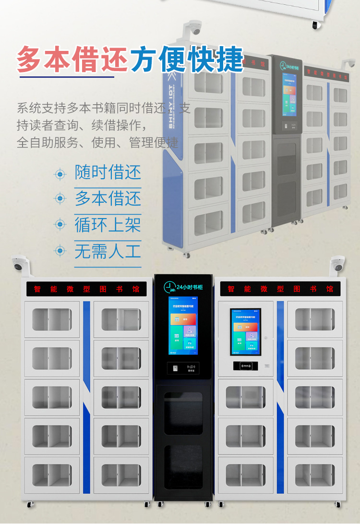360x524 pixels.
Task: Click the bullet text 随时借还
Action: coord(108,172)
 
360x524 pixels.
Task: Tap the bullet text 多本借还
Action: coord(108,198)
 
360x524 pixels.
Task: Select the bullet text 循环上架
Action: coord(108,224)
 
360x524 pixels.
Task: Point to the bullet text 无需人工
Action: coord(108,251)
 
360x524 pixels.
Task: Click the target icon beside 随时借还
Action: coord(60,173)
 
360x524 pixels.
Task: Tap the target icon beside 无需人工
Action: coord(60,250)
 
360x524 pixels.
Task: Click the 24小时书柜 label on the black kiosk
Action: coord(189,287)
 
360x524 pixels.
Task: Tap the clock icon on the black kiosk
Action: coord(169,287)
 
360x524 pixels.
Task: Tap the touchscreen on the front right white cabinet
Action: coord(245,331)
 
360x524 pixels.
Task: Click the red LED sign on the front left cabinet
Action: coord(86,289)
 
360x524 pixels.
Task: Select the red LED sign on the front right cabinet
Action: coord(280,289)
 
